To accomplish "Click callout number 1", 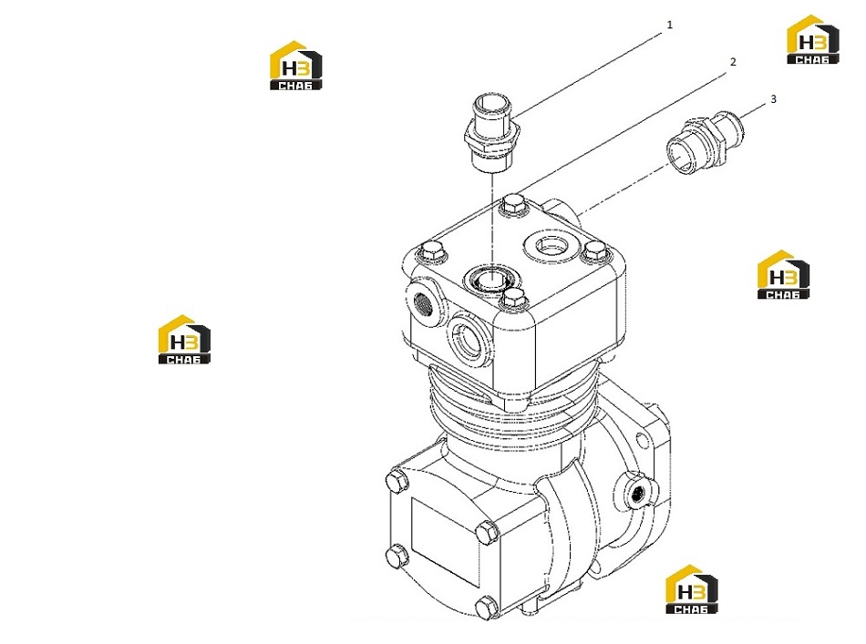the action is pyautogui.click(x=670, y=25).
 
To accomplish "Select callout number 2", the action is pyautogui.click(x=734, y=62).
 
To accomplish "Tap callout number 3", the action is pyautogui.click(x=773, y=98).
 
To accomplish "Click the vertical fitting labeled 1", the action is pyautogui.click(x=491, y=132).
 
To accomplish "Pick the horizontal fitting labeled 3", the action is pyautogui.click(x=706, y=143).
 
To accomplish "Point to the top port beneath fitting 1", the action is pyautogui.click(x=490, y=278).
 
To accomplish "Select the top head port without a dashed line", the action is pyautogui.click(x=550, y=243).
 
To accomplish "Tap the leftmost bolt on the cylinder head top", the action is pyautogui.click(x=432, y=253).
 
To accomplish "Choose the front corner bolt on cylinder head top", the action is pyautogui.click(x=513, y=299).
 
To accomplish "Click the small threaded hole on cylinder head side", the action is pyautogui.click(x=423, y=304).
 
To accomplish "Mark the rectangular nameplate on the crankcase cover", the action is pyautogui.click(x=445, y=543).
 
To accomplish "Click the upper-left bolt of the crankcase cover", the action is pyautogui.click(x=398, y=481).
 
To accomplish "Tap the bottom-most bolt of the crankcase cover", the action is pyautogui.click(x=486, y=607).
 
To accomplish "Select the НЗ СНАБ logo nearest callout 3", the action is pyautogui.click(x=813, y=40).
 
